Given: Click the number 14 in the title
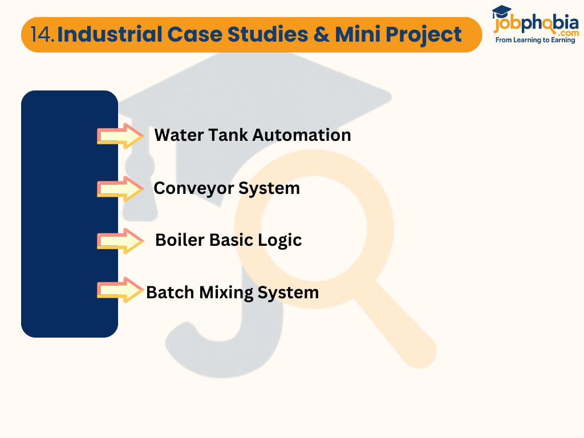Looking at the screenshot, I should tap(43, 35).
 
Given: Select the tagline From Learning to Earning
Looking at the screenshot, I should tap(535, 40).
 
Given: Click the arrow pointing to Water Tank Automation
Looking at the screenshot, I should tap(120, 136).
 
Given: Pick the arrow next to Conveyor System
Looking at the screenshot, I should tap(120, 189).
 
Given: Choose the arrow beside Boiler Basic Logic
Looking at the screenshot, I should tap(120, 241).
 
